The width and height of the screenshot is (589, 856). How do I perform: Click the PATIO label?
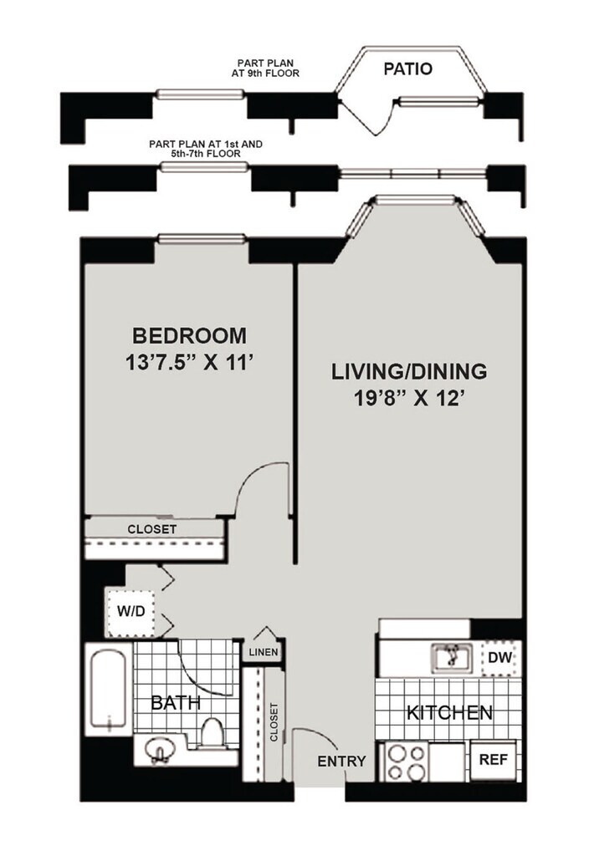tap(407, 69)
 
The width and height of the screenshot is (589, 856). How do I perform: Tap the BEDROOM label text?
tap(190, 336)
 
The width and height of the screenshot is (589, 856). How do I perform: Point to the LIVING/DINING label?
tap(409, 371)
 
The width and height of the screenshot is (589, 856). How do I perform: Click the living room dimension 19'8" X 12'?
tap(409, 399)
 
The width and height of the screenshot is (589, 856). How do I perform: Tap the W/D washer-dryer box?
tap(131, 612)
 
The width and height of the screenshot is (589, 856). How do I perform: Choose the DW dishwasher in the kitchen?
tap(500, 658)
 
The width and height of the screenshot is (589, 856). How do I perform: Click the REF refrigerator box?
tap(493, 759)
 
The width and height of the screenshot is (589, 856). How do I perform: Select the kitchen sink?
tap(451, 657)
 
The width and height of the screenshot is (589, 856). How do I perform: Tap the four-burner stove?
tap(406, 762)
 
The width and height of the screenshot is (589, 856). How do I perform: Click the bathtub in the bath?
tap(110, 688)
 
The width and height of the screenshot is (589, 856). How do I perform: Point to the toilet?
tap(213, 732)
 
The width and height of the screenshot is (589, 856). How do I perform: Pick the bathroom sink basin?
tap(158, 750)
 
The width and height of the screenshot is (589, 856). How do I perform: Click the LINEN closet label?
tap(264, 652)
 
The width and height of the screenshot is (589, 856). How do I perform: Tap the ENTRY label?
tap(341, 761)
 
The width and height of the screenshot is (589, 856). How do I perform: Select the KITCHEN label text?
tap(449, 712)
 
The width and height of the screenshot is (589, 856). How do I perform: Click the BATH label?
tap(176, 702)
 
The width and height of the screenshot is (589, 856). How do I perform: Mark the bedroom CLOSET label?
tap(152, 529)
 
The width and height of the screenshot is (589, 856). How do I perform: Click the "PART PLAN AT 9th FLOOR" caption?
tap(265, 69)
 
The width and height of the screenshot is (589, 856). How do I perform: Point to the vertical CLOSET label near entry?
tap(274, 721)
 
